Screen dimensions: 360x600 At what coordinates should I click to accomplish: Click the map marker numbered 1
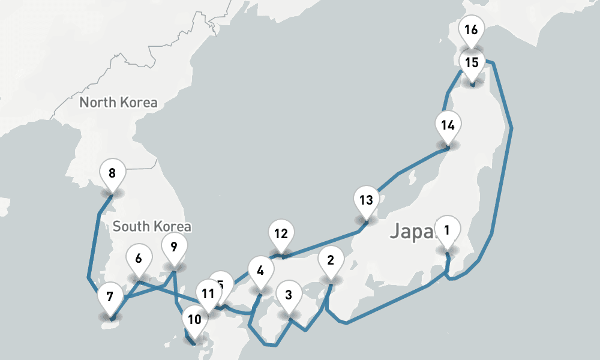click(446, 230)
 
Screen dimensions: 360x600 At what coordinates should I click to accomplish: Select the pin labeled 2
click(330, 261)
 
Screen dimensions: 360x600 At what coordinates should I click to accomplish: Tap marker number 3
click(289, 295)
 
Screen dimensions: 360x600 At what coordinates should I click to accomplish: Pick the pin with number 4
click(260, 271)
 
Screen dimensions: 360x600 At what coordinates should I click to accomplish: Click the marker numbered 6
click(139, 259)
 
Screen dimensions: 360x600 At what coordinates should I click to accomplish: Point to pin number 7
click(110, 296)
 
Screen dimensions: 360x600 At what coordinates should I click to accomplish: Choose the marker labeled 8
click(112, 175)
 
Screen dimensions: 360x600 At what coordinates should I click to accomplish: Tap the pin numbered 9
click(174, 247)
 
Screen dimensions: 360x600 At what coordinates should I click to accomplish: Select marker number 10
click(194, 319)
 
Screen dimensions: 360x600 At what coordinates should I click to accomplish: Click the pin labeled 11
click(208, 294)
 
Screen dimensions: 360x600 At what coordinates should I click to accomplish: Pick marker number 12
click(281, 234)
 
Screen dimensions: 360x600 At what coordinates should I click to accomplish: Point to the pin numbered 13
click(366, 200)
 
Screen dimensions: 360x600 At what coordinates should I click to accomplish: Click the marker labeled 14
click(448, 125)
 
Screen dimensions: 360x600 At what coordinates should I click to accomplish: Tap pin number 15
click(472, 62)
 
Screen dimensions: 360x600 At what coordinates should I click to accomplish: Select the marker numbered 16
click(471, 29)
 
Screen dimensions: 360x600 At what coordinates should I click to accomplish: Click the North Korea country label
click(118, 103)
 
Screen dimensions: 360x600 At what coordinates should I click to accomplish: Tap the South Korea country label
click(152, 227)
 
